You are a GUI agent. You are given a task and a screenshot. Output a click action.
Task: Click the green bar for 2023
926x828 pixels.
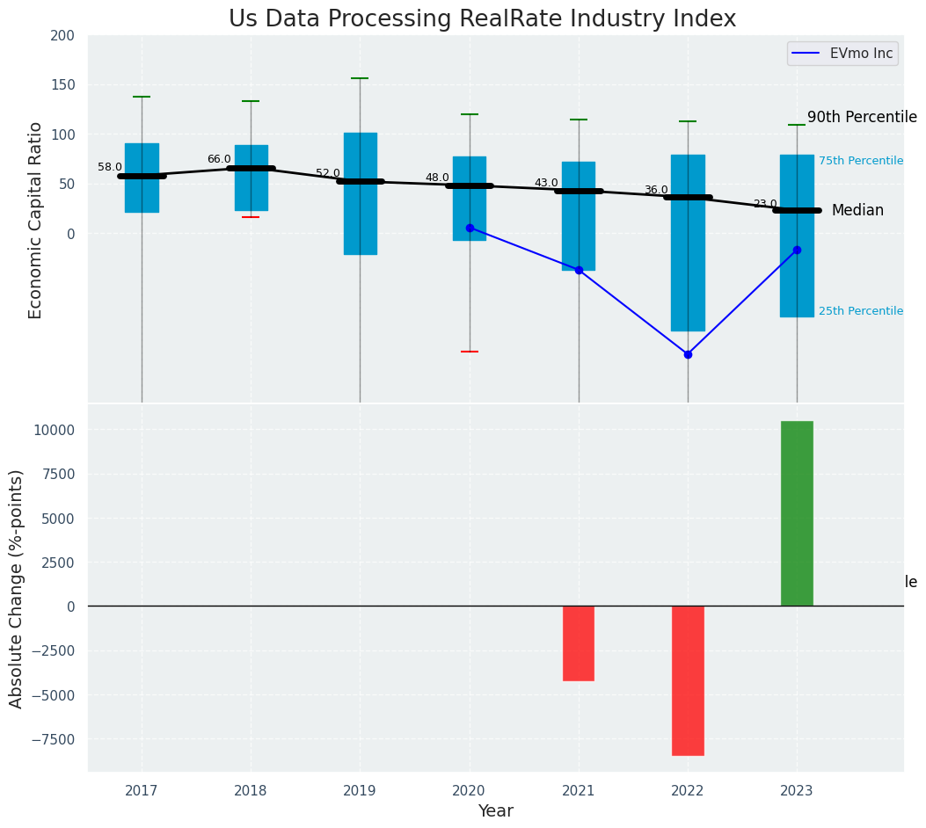pyautogui.click(x=797, y=513)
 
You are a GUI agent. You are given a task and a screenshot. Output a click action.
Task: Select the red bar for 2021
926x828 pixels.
pyautogui.click(x=579, y=643)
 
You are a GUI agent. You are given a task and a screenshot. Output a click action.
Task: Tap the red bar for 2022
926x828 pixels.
pyautogui.click(x=688, y=680)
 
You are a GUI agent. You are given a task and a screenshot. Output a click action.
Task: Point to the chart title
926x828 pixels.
pyautogui.click(x=482, y=19)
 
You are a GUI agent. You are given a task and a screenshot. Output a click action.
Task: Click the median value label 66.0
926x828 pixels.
pyautogui.click(x=219, y=159)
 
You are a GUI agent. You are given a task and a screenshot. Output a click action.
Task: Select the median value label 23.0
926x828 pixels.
pyautogui.click(x=765, y=204)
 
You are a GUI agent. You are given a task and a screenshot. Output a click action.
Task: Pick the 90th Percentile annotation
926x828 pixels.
pyautogui.click(x=862, y=117)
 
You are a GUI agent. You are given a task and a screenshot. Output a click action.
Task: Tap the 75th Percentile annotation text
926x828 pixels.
pyautogui.click(x=861, y=161)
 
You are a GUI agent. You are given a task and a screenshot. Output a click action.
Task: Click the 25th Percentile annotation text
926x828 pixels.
pyautogui.click(x=861, y=311)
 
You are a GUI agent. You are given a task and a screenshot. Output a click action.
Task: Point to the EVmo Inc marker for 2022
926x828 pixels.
pyautogui.click(x=688, y=354)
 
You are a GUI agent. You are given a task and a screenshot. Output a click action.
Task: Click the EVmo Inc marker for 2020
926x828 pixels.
pyautogui.click(x=470, y=228)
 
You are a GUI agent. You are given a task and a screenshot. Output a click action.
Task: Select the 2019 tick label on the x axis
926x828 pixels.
pyautogui.click(x=360, y=791)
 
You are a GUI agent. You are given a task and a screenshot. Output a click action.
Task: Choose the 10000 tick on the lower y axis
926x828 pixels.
pyautogui.click(x=55, y=430)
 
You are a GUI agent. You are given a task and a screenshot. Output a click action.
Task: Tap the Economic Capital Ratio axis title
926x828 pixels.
pyautogui.click(x=36, y=220)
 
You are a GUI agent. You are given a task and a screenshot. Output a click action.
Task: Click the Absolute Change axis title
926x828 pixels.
pyautogui.click(x=17, y=588)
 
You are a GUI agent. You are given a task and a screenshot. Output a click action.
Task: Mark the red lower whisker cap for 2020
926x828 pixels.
pyautogui.click(x=470, y=352)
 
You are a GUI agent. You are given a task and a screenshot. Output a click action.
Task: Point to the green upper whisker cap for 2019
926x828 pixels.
pyautogui.click(x=360, y=78)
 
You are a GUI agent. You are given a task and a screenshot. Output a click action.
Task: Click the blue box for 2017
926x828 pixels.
pyautogui.click(x=142, y=178)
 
